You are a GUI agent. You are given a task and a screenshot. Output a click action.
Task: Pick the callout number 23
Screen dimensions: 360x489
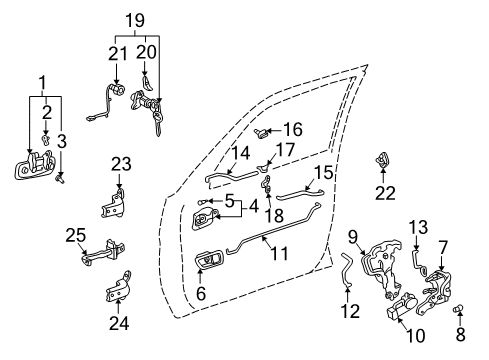[x=120, y=164]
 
